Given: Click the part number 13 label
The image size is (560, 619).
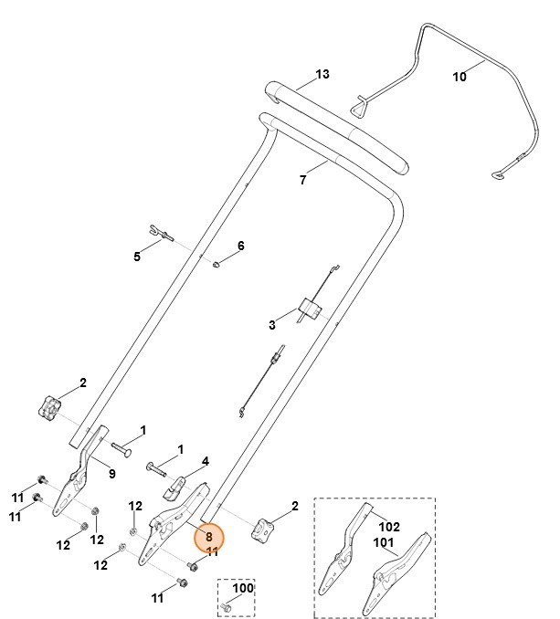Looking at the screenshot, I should click(322, 73).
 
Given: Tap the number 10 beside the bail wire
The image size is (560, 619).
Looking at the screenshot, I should click(460, 78).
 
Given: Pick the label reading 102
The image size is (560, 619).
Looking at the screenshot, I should click(390, 526).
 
